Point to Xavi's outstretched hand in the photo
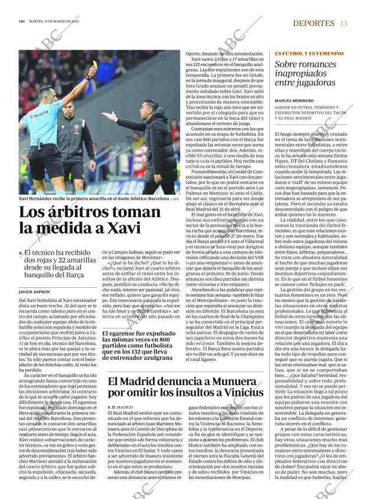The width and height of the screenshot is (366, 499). click(x=107, y=116)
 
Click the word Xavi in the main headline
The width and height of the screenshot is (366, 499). click(x=122, y=228)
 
